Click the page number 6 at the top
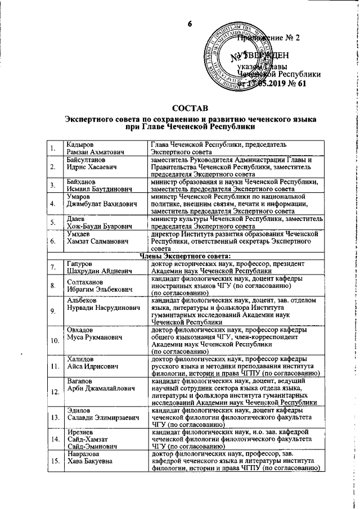pyautogui.click(x=190, y=23)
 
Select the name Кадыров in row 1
pyautogui.click(x=80, y=146)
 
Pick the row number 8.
pyautogui.click(x=52, y=285)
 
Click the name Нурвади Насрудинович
pyautogui.click(x=102, y=307)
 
